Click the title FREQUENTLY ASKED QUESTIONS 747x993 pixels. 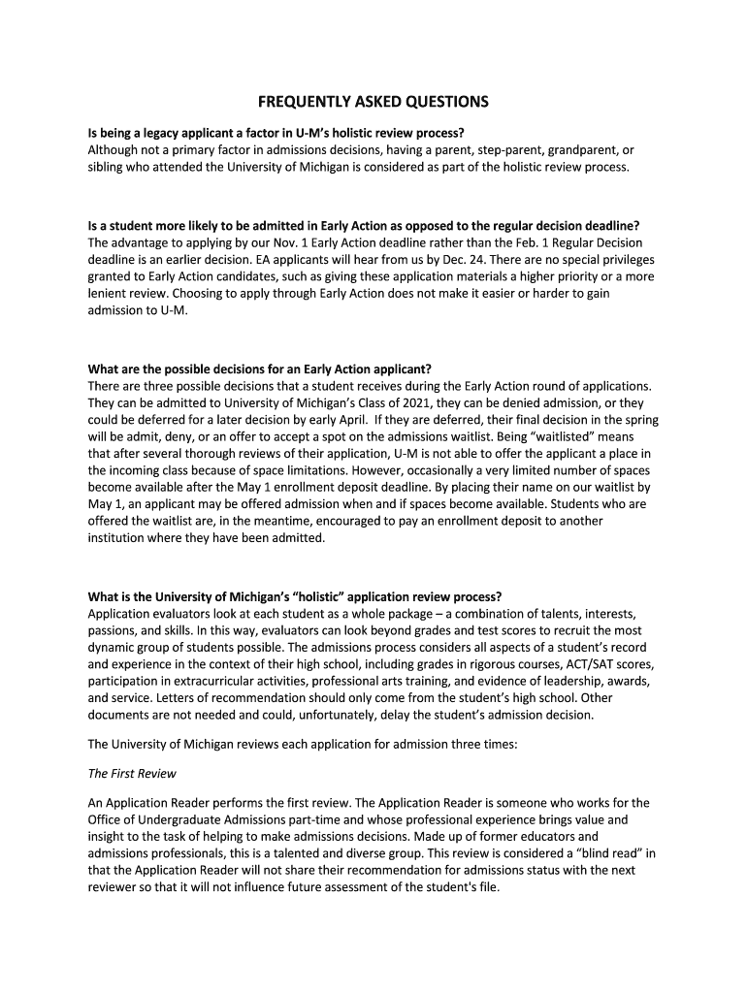[x=373, y=102]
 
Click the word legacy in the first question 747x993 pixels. [x=162, y=133]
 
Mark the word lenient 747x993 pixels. [x=108, y=294]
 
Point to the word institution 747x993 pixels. [x=119, y=538]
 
